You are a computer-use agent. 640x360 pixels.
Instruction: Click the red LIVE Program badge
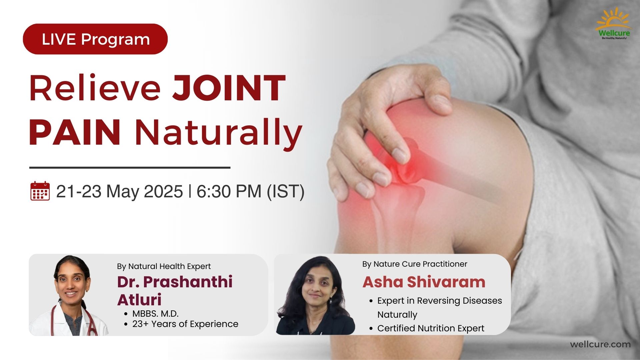(95, 39)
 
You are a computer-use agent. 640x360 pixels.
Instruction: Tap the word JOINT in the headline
(229, 88)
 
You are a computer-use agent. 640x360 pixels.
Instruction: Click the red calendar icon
(40, 191)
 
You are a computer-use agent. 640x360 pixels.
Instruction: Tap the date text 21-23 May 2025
(119, 191)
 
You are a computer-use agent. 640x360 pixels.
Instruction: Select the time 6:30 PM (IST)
(250, 191)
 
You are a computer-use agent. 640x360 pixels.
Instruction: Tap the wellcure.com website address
(600, 344)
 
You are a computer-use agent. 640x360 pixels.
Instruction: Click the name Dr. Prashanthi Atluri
(175, 290)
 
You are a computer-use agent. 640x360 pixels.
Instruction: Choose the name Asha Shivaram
(424, 282)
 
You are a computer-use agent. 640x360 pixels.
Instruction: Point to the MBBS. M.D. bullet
(155, 314)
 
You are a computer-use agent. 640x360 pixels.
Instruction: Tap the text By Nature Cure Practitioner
(415, 264)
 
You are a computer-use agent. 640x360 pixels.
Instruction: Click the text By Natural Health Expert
(164, 266)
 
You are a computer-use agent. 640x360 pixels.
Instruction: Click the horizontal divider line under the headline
(130, 167)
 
